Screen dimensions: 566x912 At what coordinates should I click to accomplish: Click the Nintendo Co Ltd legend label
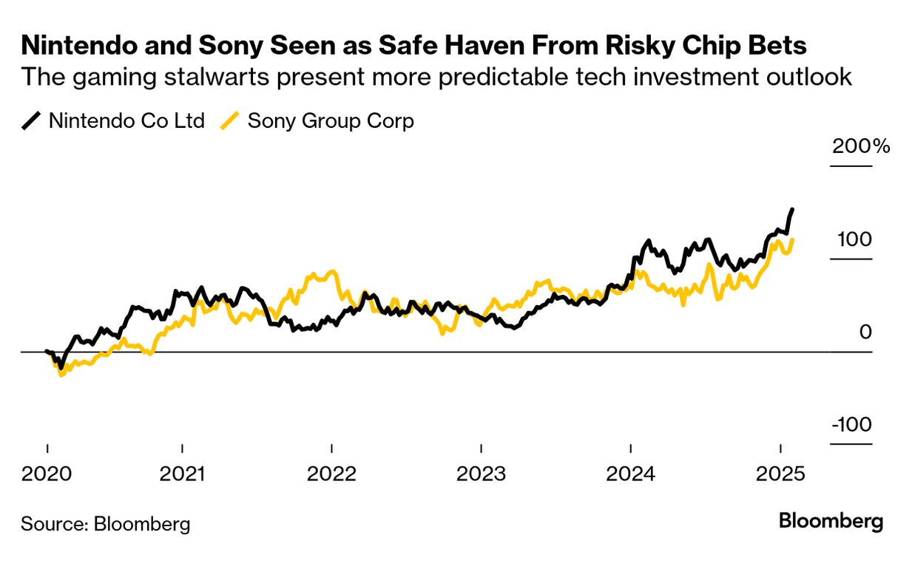click(126, 121)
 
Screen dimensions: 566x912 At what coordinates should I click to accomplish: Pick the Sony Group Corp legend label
click(331, 121)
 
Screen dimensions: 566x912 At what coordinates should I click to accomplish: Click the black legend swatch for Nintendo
click(32, 121)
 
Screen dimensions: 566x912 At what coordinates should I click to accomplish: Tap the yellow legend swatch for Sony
click(231, 121)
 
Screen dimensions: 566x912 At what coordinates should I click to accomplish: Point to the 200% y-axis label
click(861, 146)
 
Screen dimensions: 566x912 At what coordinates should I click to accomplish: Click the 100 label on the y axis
click(854, 239)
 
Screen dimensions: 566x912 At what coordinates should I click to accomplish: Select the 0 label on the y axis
click(865, 333)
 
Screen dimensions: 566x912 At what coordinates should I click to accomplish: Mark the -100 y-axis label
click(851, 426)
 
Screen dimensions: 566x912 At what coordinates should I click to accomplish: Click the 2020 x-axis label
click(47, 473)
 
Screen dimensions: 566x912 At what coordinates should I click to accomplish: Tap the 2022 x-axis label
click(332, 473)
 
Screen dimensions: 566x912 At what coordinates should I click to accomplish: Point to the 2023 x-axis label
click(482, 473)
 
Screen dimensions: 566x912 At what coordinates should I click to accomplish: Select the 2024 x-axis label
click(631, 473)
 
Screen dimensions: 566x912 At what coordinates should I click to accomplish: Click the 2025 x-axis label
click(780, 473)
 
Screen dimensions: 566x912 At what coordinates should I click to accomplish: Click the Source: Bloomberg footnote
click(105, 525)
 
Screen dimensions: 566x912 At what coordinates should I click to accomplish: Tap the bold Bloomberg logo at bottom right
click(831, 522)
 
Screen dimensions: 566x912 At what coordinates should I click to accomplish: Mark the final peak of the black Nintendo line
click(792, 210)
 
